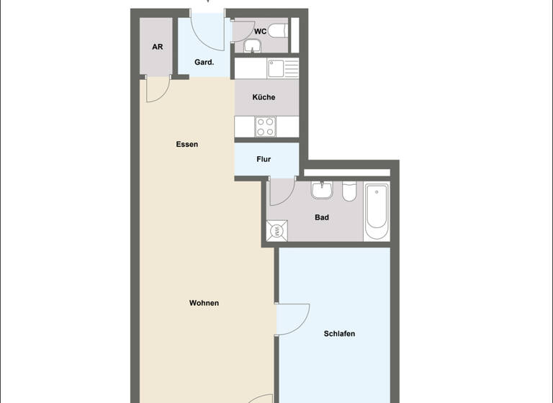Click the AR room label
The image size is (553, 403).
click(157, 47)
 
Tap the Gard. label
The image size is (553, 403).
click(204, 63)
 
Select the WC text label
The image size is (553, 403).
click(261, 32)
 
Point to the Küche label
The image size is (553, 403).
click(264, 97)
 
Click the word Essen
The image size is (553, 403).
click(186, 144)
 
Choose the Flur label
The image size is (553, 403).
click(264, 159)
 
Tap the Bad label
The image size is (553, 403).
click(322, 217)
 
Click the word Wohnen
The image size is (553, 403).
click(204, 303)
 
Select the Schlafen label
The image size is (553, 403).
click(339, 334)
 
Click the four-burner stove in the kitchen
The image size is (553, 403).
click(266, 127)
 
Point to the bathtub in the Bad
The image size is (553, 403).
click(377, 213)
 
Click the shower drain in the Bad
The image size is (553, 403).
click(277, 230)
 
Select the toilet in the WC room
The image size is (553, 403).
click(279, 31)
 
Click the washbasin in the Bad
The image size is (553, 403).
click(321, 192)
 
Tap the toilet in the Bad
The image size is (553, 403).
click(349, 194)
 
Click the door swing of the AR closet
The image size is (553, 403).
click(155, 89)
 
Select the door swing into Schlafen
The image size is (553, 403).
click(292, 318)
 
